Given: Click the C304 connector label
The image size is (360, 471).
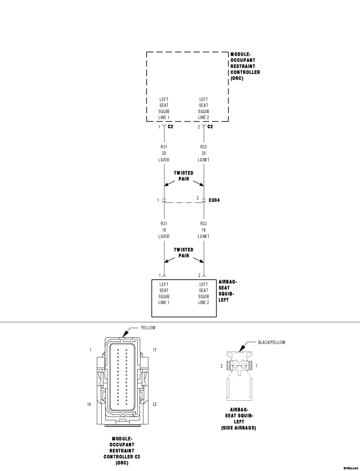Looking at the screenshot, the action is [x=214, y=200].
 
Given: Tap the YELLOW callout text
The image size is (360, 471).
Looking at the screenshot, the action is [x=148, y=328].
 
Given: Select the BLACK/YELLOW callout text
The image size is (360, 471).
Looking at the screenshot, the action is [x=271, y=342].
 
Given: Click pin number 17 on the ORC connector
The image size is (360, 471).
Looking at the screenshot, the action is [x=155, y=350].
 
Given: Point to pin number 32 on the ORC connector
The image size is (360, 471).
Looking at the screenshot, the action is [x=155, y=404].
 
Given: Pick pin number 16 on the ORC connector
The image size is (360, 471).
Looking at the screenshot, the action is [x=89, y=404].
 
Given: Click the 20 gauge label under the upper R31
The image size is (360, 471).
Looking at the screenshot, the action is [x=164, y=153].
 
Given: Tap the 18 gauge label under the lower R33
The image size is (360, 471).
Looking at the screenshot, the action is [x=204, y=230].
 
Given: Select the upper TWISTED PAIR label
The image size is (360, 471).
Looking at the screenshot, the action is [x=183, y=176].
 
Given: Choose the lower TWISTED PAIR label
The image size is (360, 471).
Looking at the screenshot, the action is [x=183, y=252].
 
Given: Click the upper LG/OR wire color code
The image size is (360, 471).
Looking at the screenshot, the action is [x=164, y=160].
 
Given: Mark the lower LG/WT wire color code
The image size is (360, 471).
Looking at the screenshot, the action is [x=204, y=237].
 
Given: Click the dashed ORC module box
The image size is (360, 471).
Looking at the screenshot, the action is [x=147, y=87].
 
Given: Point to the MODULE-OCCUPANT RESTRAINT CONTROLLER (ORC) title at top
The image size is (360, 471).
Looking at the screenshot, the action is [x=245, y=66].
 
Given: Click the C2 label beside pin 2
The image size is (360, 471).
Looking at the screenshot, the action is [x=210, y=126].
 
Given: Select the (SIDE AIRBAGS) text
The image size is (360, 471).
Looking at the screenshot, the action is [x=238, y=428].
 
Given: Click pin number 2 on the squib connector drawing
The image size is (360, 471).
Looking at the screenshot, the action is [x=222, y=366].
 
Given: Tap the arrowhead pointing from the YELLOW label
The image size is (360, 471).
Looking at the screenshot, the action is [x=124, y=334].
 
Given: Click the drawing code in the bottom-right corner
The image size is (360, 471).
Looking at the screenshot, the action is [x=351, y=468].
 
